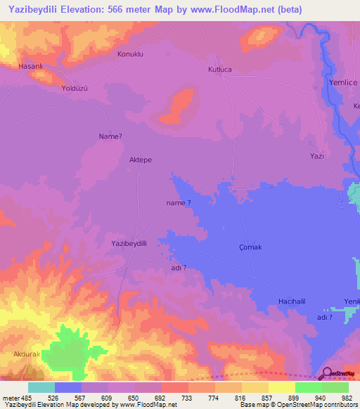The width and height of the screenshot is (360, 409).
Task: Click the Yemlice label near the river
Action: tap(343, 82)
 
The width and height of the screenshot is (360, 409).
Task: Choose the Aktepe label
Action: tap(141, 160)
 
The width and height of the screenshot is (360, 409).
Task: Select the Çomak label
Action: tap(250, 247)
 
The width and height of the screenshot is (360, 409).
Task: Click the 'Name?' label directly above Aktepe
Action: tap(111, 136)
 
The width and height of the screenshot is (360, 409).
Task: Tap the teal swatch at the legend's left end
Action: tap(41, 387)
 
